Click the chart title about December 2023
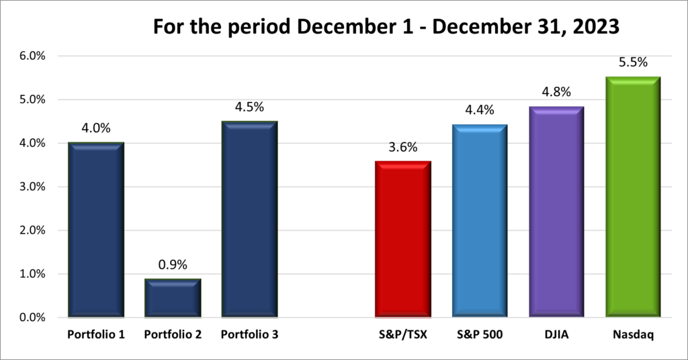(x=386, y=27)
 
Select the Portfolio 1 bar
(x=96, y=229)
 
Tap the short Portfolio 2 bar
(x=173, y=298)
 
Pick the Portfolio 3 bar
(x=249, y=219)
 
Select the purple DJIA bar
(x=556, y=212)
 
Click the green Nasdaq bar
(x=633, y=197)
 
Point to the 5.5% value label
(x=633, y=62)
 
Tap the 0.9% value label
(x=173, y=265)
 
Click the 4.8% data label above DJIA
(x=556, y=93)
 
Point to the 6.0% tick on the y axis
(x=31, y=56)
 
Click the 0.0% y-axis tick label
(x=31, y=318)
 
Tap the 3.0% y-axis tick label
(x=31, y=187)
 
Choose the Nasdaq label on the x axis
(x=633, y=334)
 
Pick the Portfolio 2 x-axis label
(x=173, y=334)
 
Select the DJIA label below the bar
(x=556, y=334)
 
